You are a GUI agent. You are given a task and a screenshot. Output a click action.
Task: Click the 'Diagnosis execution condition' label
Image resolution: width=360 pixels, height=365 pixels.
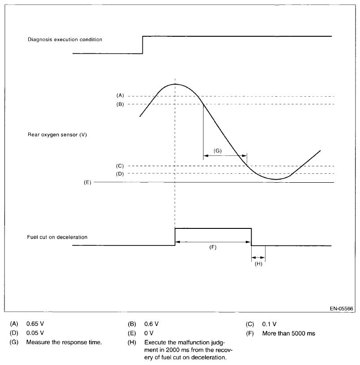pyautogui.click(x=65, y=39)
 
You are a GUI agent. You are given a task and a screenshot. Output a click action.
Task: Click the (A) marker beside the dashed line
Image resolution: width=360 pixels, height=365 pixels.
pyautogui.click(x=120, y=96)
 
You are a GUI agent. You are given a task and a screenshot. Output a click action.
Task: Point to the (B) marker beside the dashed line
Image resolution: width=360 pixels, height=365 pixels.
pyautogui.click(x=120, y=104)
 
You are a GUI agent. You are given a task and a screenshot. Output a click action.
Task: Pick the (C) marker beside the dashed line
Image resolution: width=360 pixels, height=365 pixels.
pyautogui.click(x=120, y=166)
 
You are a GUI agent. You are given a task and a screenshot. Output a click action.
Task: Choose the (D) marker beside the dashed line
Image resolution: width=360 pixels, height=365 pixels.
pyautogui.click(x=120, y=174)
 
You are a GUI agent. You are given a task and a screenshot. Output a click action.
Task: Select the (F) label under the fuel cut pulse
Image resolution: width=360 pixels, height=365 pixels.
pyautogui.click(x=213, y=247)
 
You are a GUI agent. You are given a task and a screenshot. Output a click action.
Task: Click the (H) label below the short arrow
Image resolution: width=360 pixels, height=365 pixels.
pyautogui.click(x=258, y=264)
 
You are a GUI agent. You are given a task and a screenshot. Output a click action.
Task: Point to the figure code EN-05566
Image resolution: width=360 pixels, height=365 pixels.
pyautogui.click(x=341, y=309)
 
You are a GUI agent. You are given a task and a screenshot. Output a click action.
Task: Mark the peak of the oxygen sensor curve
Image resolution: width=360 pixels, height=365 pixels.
pyautogui.click(x=175, y=84)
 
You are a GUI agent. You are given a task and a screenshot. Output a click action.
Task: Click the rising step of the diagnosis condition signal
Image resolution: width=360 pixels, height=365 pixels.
pyautogui.click(x=142, y=44)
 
